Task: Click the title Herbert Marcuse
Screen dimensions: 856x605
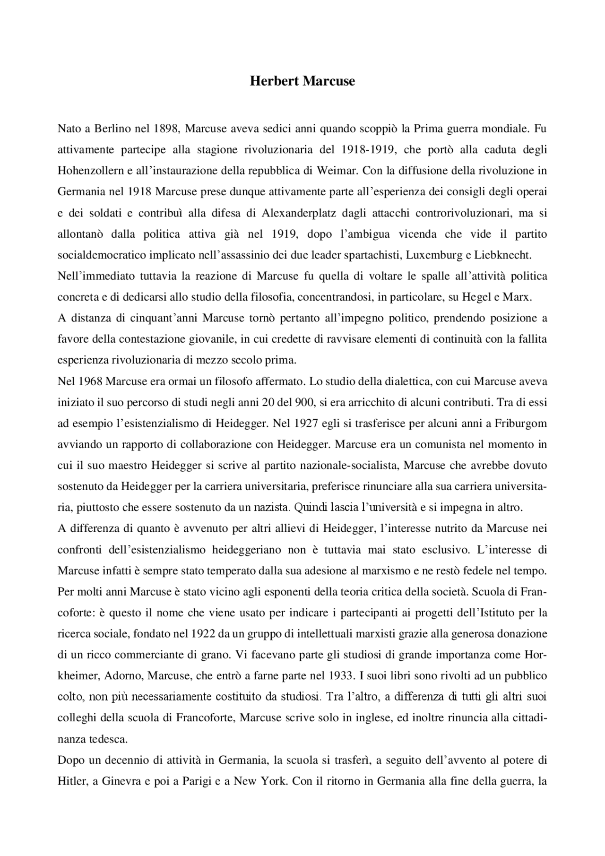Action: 302,81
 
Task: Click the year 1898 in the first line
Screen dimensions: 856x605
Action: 165,128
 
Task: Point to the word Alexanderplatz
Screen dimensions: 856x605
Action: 299,213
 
